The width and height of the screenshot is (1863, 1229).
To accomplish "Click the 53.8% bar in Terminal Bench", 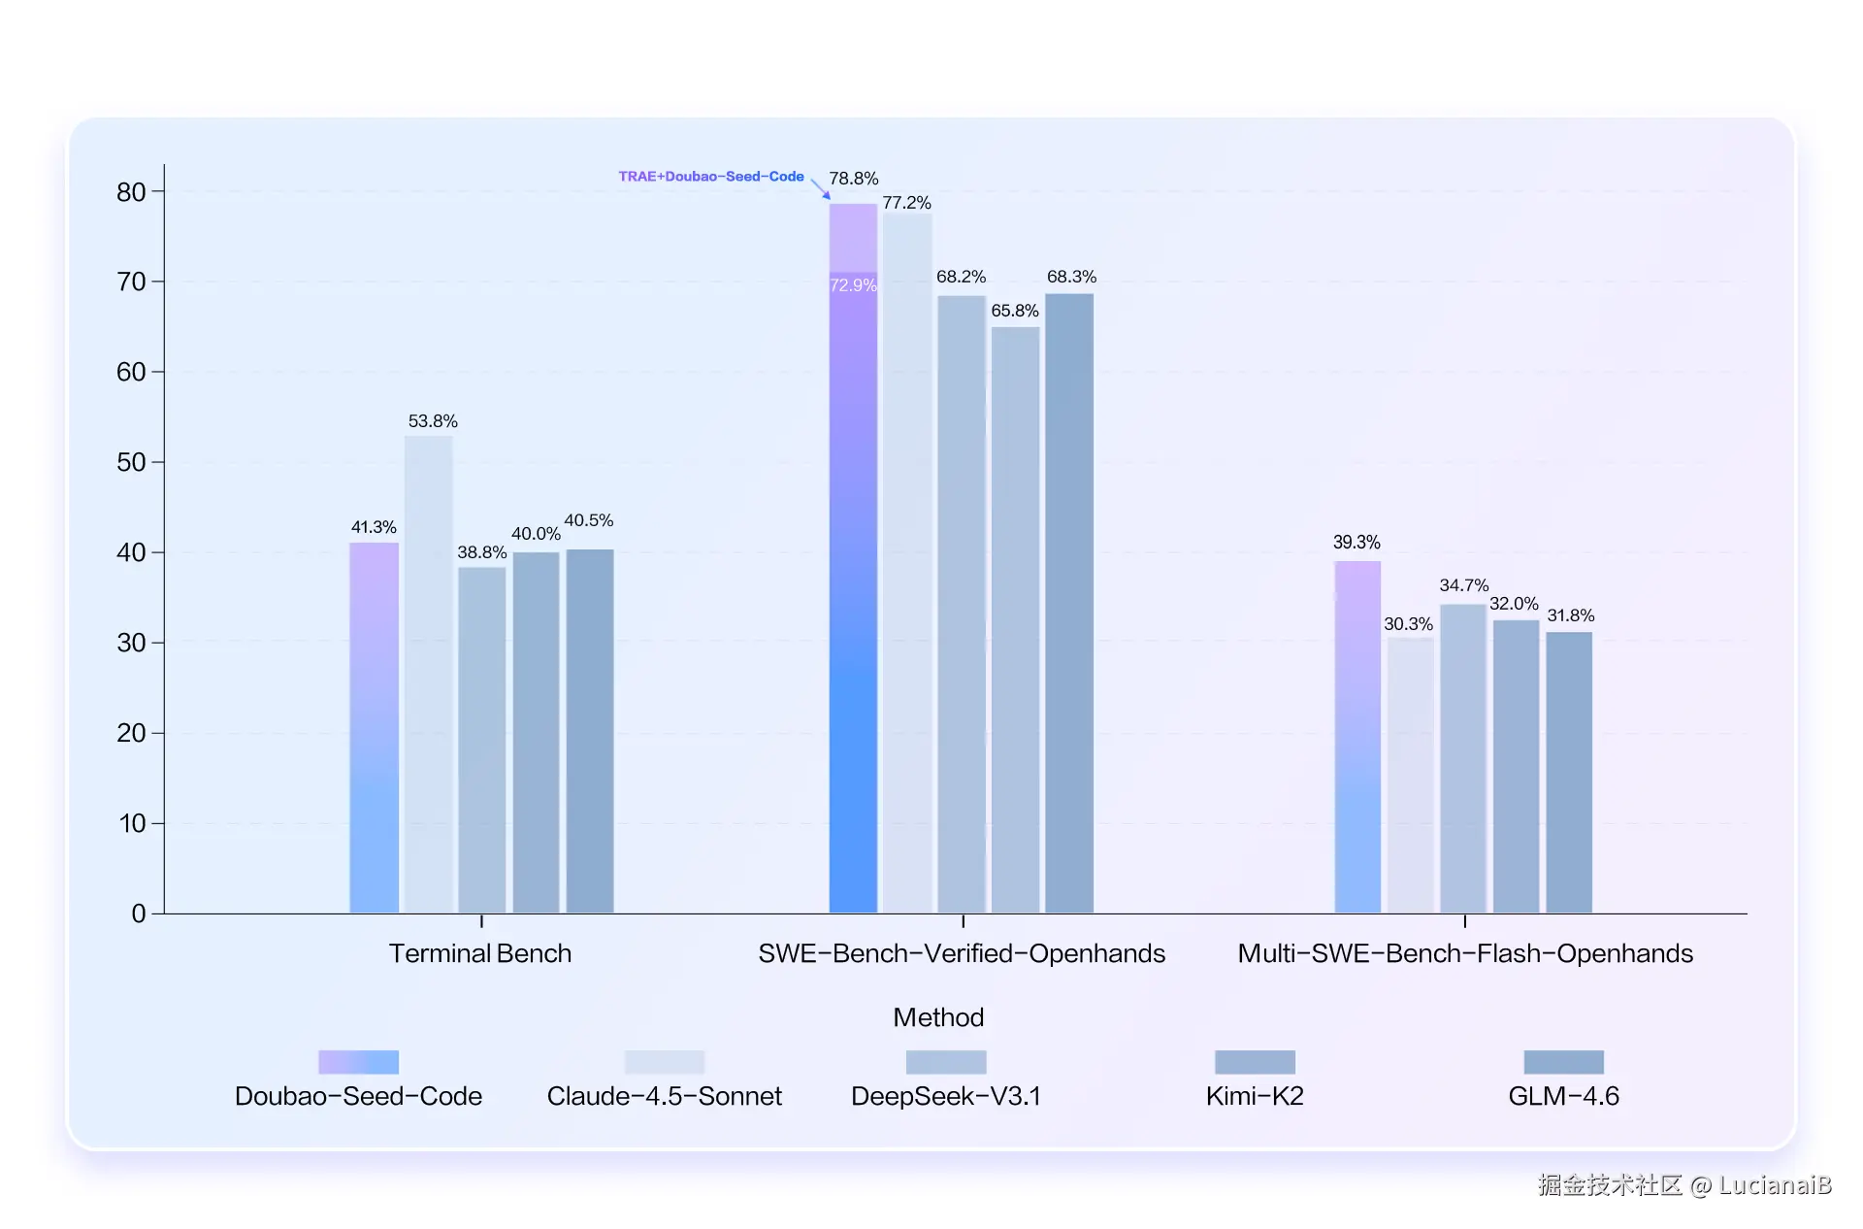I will [x=428, y=674].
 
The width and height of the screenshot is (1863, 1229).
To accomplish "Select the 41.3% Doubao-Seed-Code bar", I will [x=374, y=727].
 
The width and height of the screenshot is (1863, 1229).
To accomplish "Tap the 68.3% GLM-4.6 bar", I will [x=1068, y=603].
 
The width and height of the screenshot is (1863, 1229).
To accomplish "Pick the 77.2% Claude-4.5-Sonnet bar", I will [x=907, y=563].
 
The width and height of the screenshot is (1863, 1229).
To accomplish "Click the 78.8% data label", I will [x=853, y=179].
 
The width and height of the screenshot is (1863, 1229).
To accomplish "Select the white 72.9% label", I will [x=853, y=285].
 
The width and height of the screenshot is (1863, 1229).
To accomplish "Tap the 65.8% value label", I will [x=1015, y=311].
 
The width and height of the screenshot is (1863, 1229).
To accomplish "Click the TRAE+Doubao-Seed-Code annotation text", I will [x=711, y=177].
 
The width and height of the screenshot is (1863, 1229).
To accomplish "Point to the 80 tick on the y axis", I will [x=131, y=192].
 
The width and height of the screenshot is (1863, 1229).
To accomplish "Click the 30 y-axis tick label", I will [x=131, y=643].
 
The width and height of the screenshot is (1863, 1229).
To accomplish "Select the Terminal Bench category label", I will [x=480, y=953].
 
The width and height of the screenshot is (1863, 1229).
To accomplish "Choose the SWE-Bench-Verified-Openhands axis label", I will [x=962, y=953].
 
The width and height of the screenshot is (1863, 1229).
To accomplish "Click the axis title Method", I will [x=938, y=1017].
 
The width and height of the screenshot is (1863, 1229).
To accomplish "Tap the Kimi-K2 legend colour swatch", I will [x=1255, y=1062].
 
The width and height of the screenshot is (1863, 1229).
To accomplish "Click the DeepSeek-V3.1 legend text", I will [x=946, y=1096].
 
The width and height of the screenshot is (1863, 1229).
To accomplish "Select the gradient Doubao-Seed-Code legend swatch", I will [x=358, y=1062].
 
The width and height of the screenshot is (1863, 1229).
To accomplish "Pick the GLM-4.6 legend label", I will [x=1563, y=1096].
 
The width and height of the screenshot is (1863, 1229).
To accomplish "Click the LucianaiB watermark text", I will [x=1775, y=1185].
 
